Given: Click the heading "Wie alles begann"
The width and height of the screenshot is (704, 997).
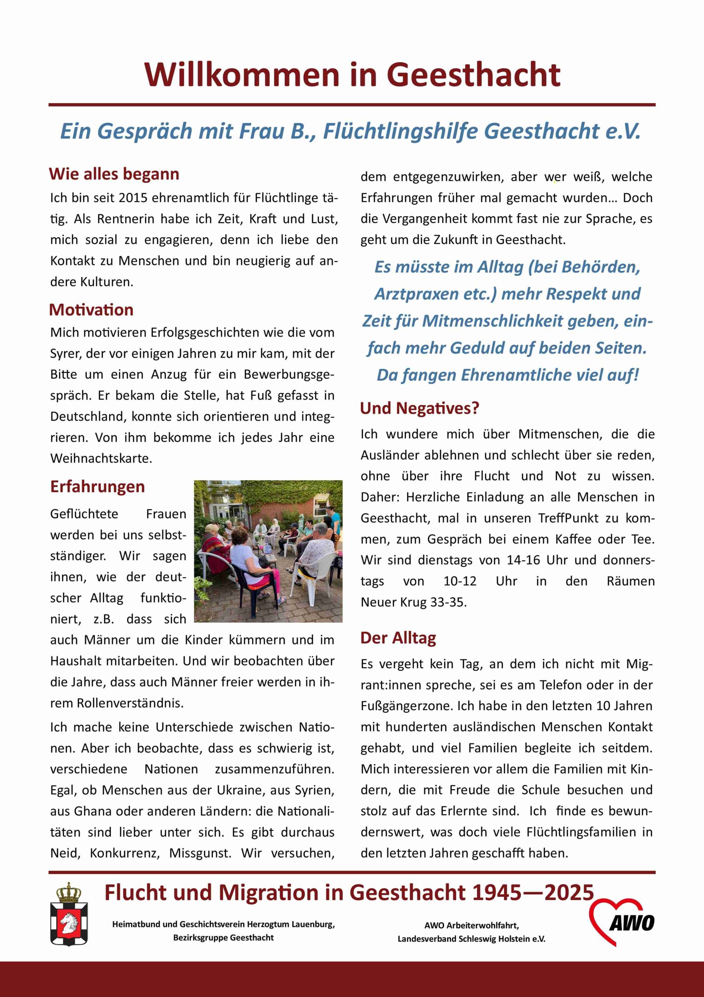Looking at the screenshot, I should (114, 174).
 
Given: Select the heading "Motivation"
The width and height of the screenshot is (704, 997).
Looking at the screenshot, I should (91, 310).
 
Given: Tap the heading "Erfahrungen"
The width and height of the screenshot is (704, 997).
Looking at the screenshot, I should (97, 487).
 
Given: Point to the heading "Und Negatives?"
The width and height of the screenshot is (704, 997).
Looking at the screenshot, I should (419, 408).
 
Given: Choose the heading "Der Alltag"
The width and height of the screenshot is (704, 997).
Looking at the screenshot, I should (398, 638).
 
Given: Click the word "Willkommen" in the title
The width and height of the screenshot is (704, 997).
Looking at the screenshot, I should (241, 75).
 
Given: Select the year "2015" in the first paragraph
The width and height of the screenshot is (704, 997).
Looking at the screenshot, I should (133, 198).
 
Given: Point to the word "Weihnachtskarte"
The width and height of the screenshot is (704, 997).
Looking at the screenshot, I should (101, 458).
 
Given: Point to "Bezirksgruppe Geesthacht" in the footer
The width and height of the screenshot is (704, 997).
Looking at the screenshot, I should (223, 937).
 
